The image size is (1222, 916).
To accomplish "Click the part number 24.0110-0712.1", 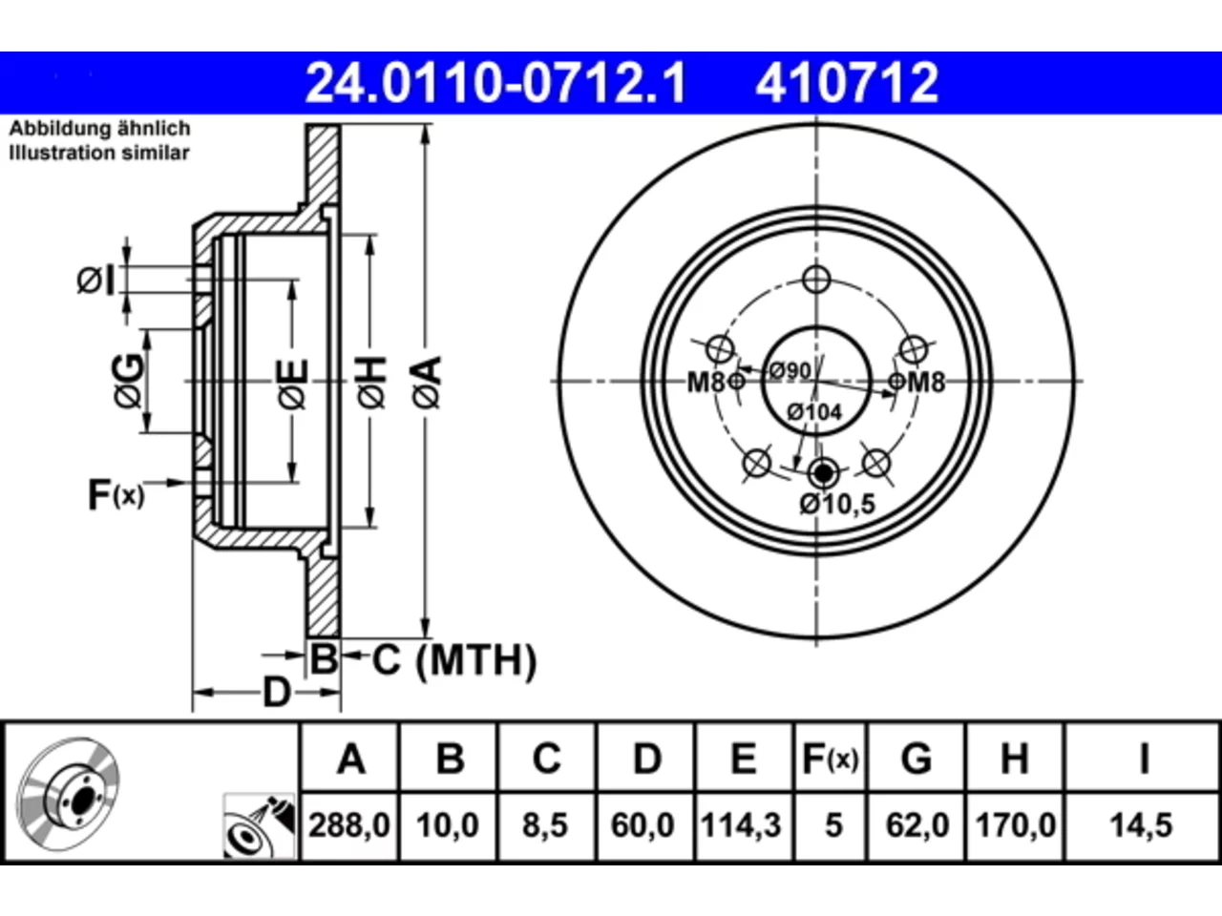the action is click(x=495, y=83).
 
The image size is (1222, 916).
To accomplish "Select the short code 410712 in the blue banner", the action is click(x=847, y=83).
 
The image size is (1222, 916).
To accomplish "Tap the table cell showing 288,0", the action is click(x=349, y=825).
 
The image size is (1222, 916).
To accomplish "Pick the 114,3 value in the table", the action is click(x=741, y=825).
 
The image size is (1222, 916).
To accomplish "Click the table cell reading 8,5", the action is click(x=545, y=825).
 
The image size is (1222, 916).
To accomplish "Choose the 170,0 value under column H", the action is click(x=1015, y=825).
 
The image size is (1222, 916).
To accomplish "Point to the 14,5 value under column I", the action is click(x=1141, y=825).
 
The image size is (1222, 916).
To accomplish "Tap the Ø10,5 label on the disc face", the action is click(x=837, y=504).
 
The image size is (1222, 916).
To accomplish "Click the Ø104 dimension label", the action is click(x=814, y=412).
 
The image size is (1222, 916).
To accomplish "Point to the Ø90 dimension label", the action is click(x=790, y=370).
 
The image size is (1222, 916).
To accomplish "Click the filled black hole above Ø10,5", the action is click(x=822, y=473).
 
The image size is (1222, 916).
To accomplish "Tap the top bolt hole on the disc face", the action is click(x=816, y=280).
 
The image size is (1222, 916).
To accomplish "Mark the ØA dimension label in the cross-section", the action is click(x=428, y=383).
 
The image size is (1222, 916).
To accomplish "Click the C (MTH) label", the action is click(x=453, y=660).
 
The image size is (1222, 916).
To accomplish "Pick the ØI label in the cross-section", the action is click(x=95, y=280).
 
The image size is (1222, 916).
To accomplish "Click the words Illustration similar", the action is click(x=99, y=153).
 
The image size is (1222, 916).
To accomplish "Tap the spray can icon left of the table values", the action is click(x=260, y=826).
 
